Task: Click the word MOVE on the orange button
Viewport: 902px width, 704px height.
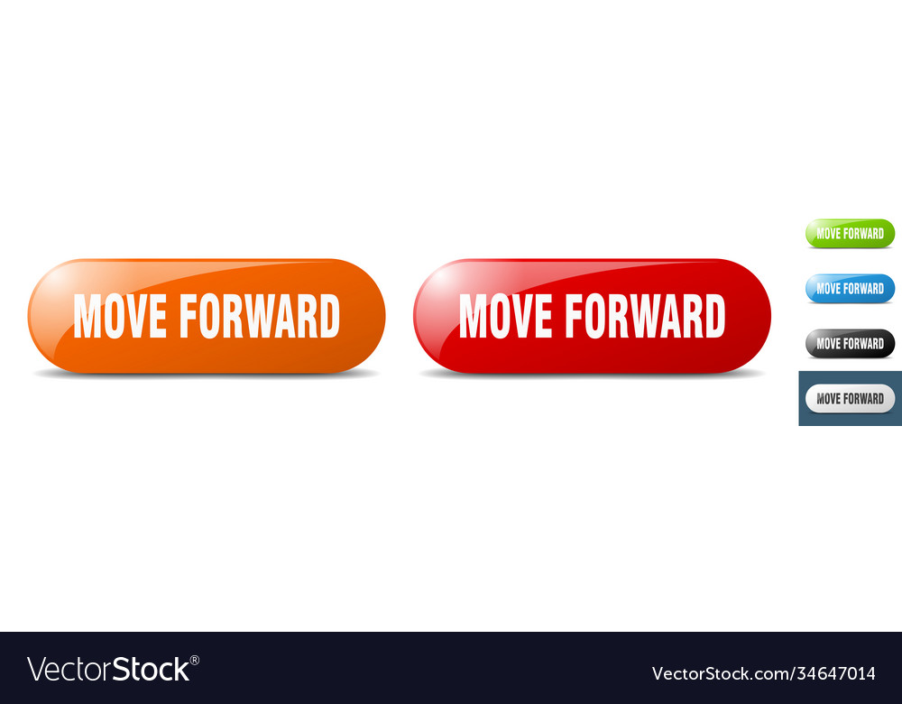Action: click(120, 317)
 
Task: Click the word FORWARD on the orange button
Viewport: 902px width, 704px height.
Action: click(260, 317)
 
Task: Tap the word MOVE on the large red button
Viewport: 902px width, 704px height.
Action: click(506, 317)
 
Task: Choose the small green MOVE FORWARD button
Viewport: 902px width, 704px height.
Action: click(850, 234)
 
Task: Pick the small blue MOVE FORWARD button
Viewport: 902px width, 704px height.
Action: click(850, 289)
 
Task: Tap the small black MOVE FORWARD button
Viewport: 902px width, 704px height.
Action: click(850, 344)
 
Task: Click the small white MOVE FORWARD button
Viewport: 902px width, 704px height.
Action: click(850, 399)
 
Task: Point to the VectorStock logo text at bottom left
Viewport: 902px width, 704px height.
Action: click(108, 670)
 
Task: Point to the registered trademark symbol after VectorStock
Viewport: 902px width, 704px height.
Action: click(195, 661)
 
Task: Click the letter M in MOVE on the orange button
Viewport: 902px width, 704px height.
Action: click(86, 317)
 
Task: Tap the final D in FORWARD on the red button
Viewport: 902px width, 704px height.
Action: click(713, 317)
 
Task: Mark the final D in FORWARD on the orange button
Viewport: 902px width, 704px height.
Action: click(327, 317)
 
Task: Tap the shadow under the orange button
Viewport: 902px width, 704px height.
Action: click(206, 375)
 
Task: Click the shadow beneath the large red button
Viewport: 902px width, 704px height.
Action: click(592, 375)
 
